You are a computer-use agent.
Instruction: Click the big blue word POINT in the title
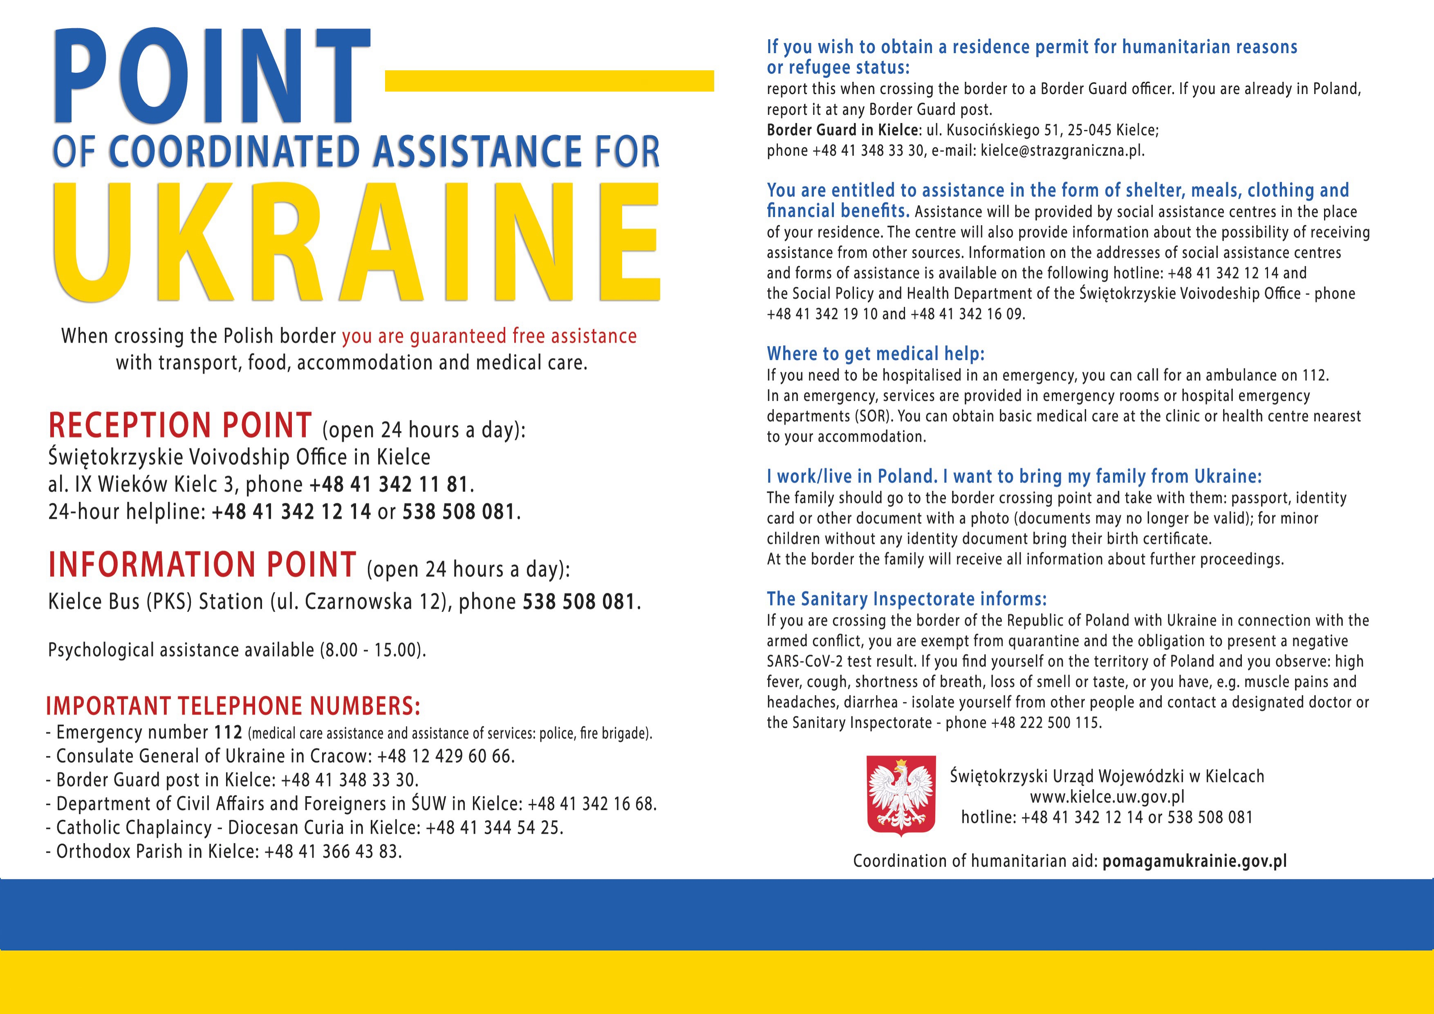pyautogui.click(x=212, y=76)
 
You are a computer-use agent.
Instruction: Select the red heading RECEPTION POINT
pyautogui.click(x=180, y=426)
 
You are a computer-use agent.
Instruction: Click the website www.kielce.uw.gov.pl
pyautogui.click(x=1107, y=797)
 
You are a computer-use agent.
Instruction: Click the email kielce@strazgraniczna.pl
pyautogui.click(x=1062, y=150)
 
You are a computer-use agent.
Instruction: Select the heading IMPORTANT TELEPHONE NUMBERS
pyautogui.click(x=233, y=706)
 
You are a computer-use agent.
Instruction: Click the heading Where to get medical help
pyautogui.click(x=875, y=354)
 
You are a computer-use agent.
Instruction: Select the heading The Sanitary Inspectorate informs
pyautogui.click(x=906, y=599)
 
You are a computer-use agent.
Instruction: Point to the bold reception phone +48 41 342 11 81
pyautogui.click(x=388, y=484)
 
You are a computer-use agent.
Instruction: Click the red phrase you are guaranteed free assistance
pyautogui.click(x=489, y=336)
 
